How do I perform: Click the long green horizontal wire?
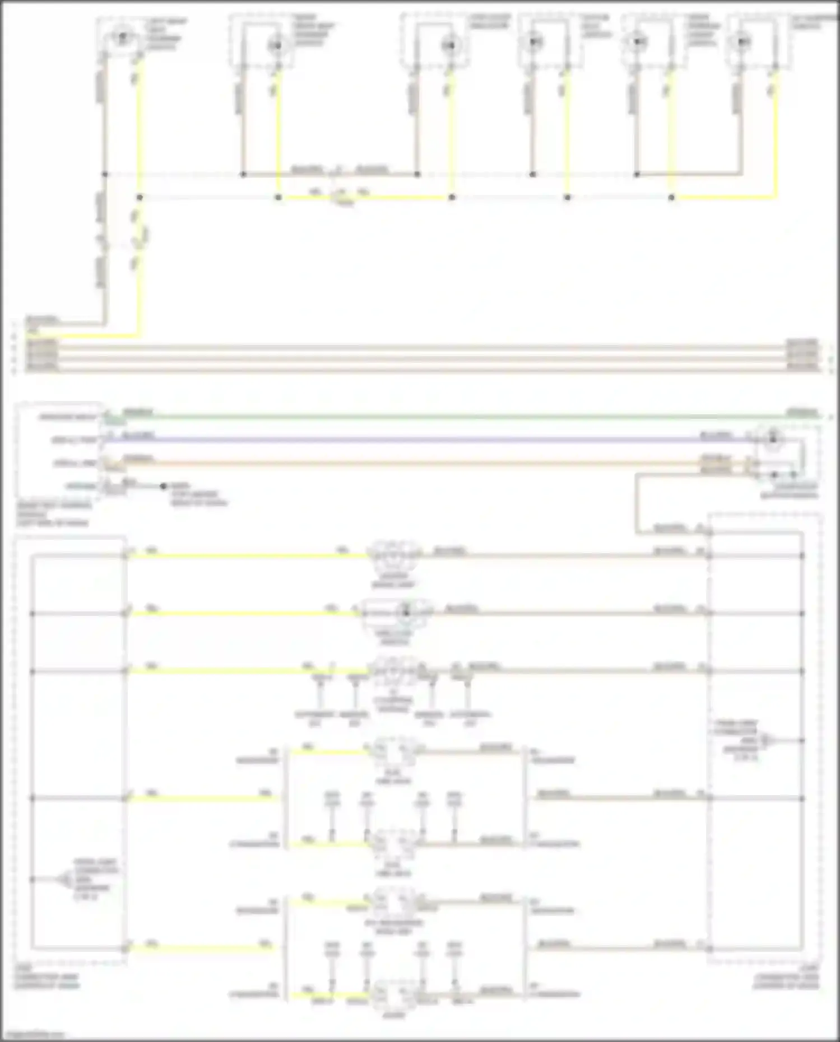[x=448, y=417]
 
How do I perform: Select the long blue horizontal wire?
[x=426, y=440]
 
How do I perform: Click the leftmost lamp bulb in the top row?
[x=122, y=37]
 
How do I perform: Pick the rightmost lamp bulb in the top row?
[x=744, y=41]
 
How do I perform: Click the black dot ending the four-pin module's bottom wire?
[x=164, y=487]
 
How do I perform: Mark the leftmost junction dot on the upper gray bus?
[x=105, y=175]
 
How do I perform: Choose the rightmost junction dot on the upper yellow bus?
[x=671, y=198]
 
